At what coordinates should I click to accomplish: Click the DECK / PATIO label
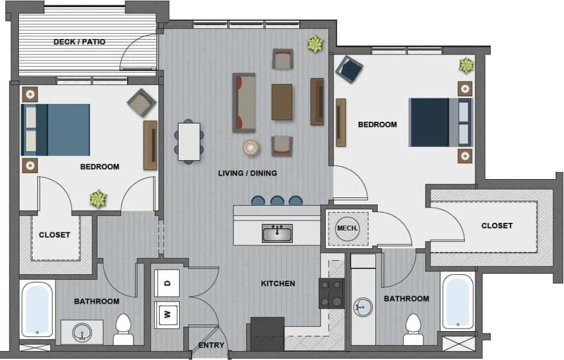coord(79,42)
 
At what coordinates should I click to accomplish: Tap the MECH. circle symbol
coord(345,228)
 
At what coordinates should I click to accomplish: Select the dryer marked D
coord(167,283)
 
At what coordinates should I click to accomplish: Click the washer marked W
coord(167,314)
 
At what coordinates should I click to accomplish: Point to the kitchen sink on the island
coord(277,233)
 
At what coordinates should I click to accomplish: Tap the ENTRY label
coord(211,345)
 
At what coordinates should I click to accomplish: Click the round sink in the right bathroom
coord(363,307)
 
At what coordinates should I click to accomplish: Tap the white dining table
coord(189,141)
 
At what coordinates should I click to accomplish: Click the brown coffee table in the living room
coord(282,102)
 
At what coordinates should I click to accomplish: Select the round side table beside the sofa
coord(251,147)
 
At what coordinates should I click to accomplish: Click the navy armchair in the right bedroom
coord(349,70)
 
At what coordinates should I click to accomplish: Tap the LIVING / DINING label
coord(247,173)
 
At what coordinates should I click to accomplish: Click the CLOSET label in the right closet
coord(497,226)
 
